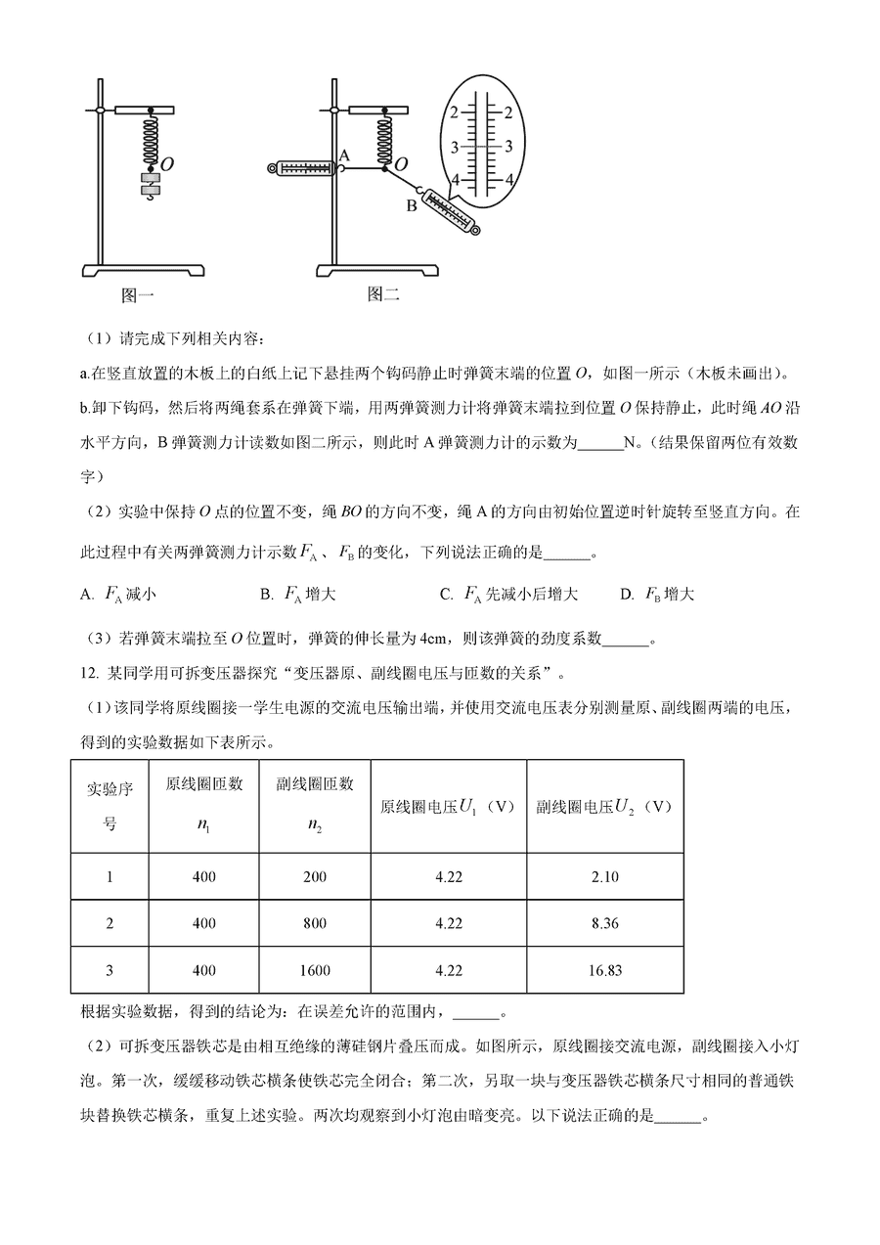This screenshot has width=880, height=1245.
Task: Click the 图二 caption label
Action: (x=383, y=292)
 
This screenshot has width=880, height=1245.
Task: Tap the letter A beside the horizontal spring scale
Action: (x=343, y=155)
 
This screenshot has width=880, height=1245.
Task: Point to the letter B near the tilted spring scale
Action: (x=412, y=205)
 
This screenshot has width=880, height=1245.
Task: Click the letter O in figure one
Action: (x=167, y=165)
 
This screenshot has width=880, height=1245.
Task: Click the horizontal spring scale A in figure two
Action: (x=302, y=169)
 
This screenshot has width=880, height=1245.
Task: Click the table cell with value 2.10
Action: (x=604, y=877)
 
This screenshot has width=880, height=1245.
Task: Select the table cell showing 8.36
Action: (x=604, y=923)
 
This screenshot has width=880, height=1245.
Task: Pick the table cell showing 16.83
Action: (x=604, y=970)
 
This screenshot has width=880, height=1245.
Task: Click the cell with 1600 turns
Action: (x=315, y=970)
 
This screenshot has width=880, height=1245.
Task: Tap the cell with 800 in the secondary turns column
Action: (x=315, y=923)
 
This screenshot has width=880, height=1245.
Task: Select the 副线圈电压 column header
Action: (x=604, y=807)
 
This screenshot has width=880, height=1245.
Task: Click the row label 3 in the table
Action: (x=110, y=970)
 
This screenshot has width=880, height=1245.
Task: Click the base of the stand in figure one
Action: (x=143, y=270)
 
